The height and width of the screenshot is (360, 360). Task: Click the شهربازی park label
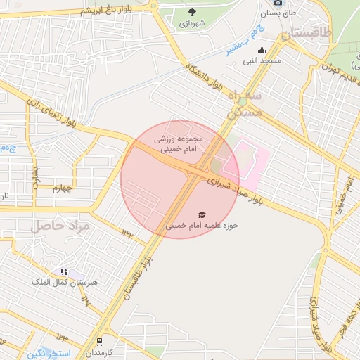pos(191,23)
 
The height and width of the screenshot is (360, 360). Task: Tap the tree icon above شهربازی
pos(192,11)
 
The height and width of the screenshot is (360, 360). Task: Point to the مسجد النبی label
pos(262,61)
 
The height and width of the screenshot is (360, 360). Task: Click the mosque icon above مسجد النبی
pos(262,50)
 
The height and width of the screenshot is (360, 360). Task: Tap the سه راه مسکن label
pos(245,103)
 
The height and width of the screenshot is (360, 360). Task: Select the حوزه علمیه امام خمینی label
pos(202,226)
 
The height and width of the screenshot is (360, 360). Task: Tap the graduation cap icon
pos(202,214)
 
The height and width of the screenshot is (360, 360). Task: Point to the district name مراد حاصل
pos(60,226)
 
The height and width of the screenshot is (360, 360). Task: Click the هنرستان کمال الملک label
pos(62,282)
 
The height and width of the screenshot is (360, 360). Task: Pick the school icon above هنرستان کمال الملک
pos(64,271)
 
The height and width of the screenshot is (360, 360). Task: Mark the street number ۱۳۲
pos(126,231)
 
